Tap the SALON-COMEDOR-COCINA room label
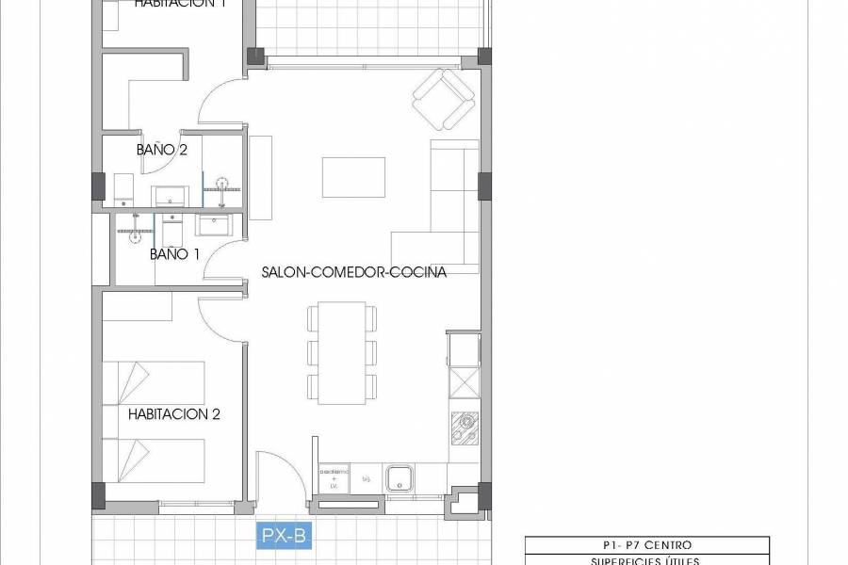(354, 272)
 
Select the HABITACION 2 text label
(174, 413)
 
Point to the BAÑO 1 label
(175, 254)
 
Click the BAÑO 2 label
(162, 149)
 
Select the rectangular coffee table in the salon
(353, 176)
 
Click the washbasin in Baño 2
(171, 196)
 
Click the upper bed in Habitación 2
(154, 382)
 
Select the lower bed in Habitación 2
(154, 460)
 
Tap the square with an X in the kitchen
(465, 384)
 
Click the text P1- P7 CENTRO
(646, 545)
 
